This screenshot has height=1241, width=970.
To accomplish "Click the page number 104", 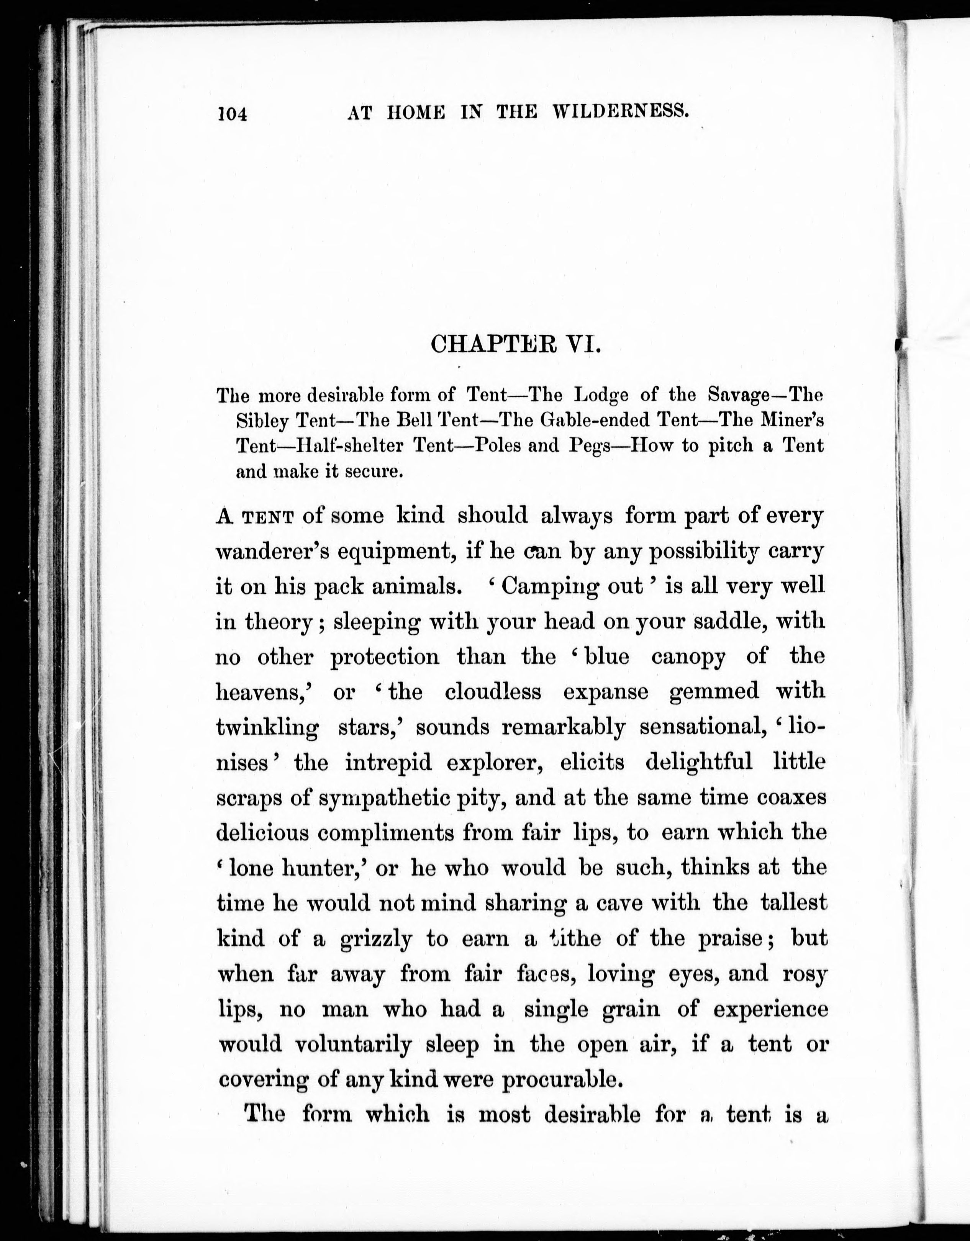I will pos(233,114).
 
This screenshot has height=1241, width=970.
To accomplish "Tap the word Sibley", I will pos(262,421).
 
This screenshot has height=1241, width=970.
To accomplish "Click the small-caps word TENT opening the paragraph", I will pos(268,517).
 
